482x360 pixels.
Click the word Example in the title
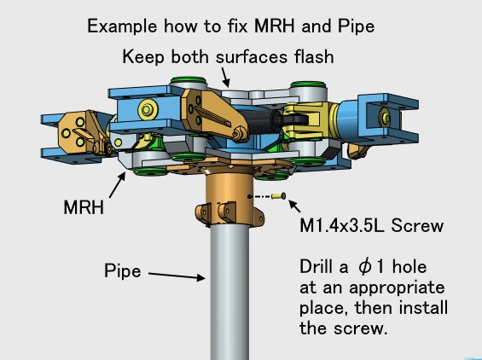pyautogui.click(x=122, y=27)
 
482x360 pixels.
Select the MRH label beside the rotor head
pyautogui.click(x=84, y=207)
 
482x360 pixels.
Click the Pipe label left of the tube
pyautogui.click(x=123, y=271)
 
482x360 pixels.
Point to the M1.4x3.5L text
pyautogui.click(x=342, y=226)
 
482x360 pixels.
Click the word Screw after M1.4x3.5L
pyautogui.click(x=417, y=226)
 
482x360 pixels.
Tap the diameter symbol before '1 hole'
pyautogui.click(x=364, y=266)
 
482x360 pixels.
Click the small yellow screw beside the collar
pyautogui.click(x=279, y=196)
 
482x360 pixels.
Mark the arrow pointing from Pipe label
pyautogui.click(x=177, y=276)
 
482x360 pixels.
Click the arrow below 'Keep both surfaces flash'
pyautogui.click(x=225, y=77)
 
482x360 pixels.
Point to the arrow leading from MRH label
pyautogui.click(x=117, y=184)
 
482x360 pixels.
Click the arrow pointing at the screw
pyautogui.click(x=294, y=206)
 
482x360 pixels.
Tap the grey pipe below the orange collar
pyautogui.click(x=230, y=292)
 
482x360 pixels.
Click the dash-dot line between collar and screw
pyautogui.click(x=260, y=196)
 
